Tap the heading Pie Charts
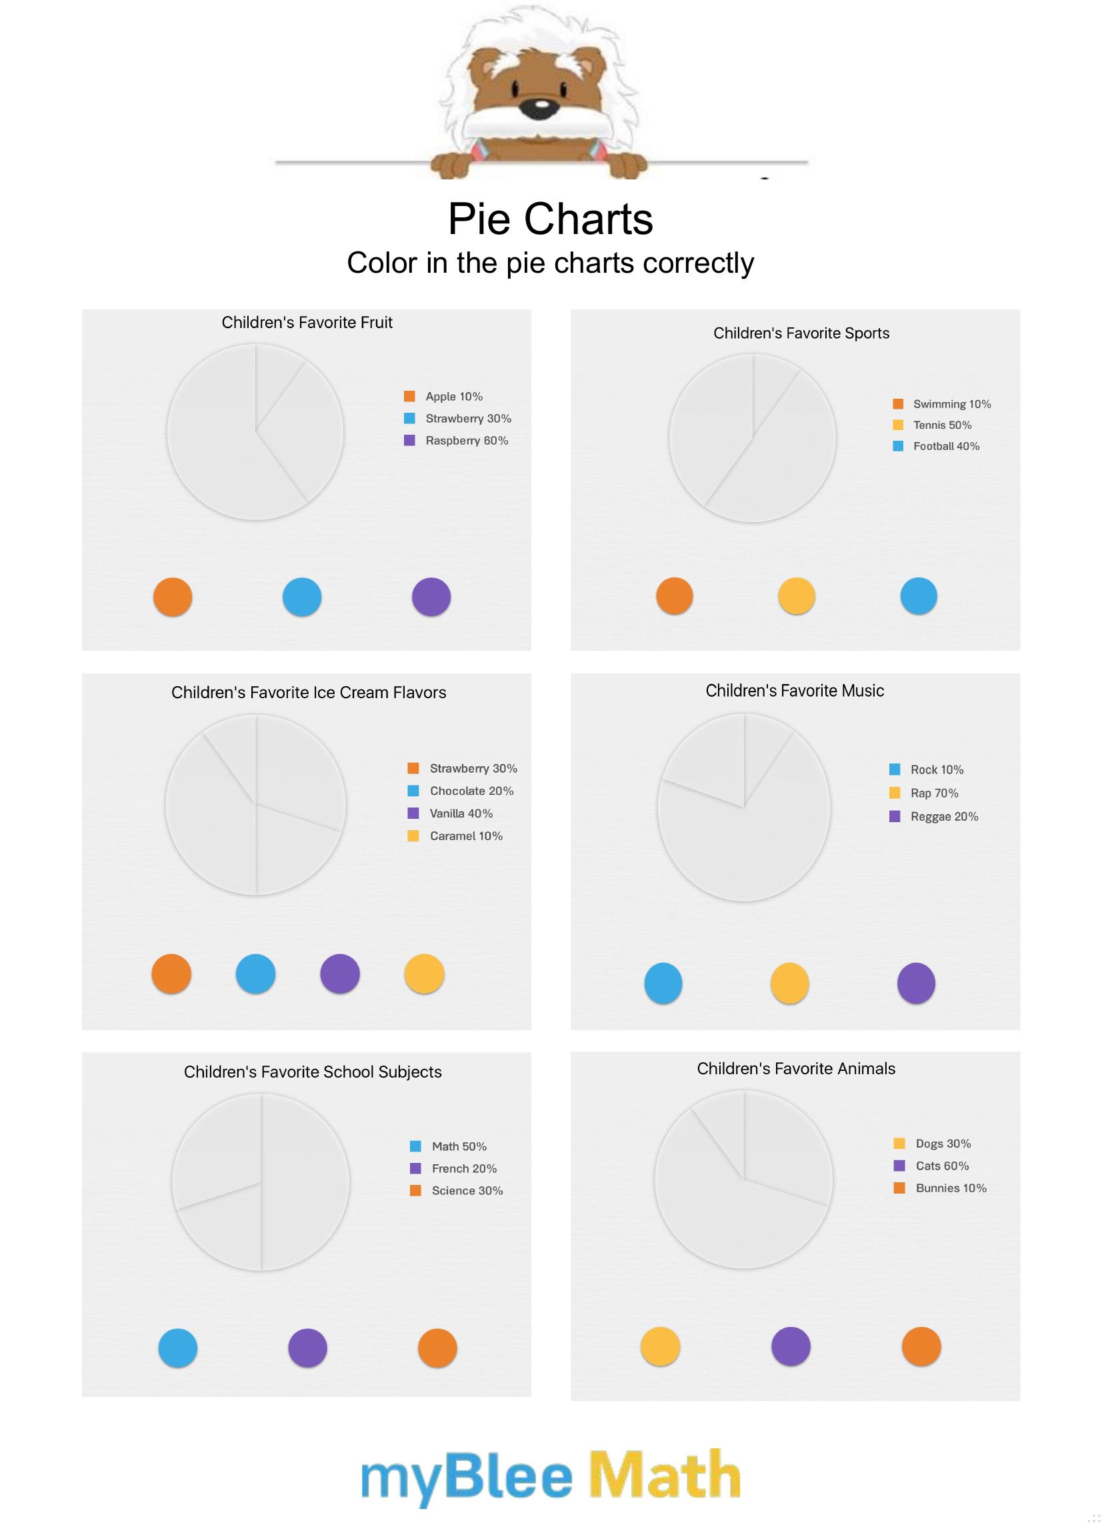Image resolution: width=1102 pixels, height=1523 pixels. [x=550, y=219]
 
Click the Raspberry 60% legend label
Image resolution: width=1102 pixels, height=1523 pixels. [x=466, y=441]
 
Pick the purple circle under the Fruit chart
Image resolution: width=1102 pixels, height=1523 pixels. [x=431, y=597]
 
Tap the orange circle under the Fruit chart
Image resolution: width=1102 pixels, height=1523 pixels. [x=173, y=597]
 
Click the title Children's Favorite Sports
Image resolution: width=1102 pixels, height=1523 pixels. [x=801, y=333]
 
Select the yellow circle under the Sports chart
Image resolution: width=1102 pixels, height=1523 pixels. [x=797, y=595]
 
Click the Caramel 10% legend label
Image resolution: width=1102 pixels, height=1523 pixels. [x=465, y=836]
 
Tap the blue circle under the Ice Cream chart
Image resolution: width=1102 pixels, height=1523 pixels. [x=256, y=974]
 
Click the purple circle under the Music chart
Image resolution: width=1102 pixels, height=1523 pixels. [x=916, y=983]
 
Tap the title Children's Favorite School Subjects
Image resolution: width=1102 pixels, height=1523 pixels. [x=313, y=1072]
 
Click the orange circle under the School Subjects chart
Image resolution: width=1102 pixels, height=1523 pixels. [x=437, y=1348]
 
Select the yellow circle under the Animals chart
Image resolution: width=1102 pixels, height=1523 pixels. [x=660, y=1346]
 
